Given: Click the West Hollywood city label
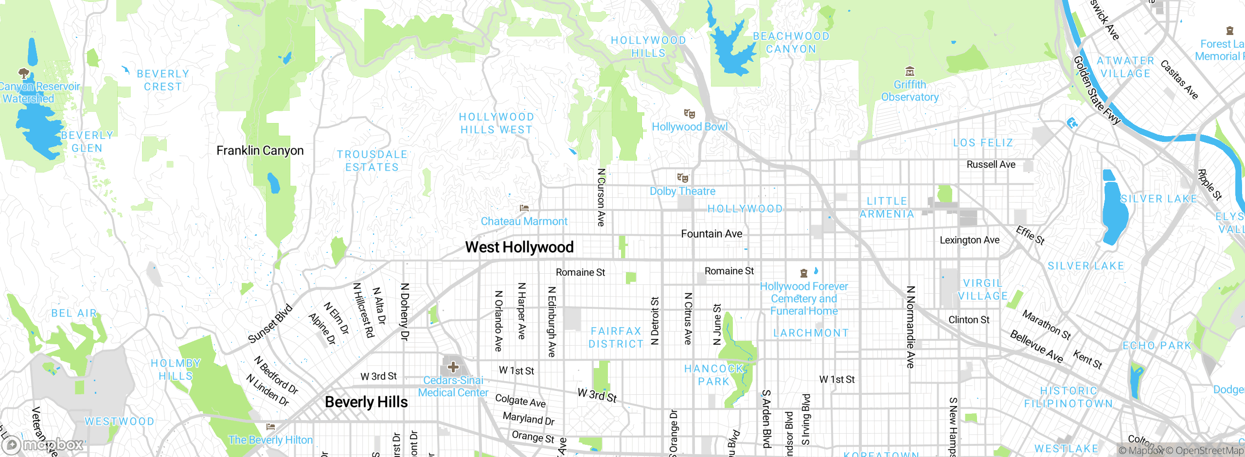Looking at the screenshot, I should point(519,247).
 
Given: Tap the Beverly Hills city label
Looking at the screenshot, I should point(366,402).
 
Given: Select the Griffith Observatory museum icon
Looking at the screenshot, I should point(910,72).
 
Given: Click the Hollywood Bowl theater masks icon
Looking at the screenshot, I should point(689,114).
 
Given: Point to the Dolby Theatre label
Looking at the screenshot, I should point(682,191).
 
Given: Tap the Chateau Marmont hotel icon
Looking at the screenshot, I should point(524,208).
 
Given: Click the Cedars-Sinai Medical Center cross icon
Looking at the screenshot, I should point(453,367).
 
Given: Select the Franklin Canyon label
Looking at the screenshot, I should point(260,151).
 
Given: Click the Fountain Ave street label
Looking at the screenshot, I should point(711,234).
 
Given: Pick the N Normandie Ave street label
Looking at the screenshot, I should point(910,327).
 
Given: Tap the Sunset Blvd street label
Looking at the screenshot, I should point(270,323).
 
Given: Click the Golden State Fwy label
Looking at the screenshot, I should point(1097,90).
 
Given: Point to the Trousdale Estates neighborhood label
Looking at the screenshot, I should point(372,160).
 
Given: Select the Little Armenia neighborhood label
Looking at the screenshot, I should point(887,208).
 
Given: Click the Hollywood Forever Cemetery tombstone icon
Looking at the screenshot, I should point(804,273).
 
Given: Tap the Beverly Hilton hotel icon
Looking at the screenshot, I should point(271,427).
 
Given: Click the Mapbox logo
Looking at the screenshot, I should point(44,444).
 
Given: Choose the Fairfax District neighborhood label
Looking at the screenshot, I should point(616,337).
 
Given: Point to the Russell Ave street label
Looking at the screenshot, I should point(991,165).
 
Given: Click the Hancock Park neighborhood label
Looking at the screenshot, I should point(714,375).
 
